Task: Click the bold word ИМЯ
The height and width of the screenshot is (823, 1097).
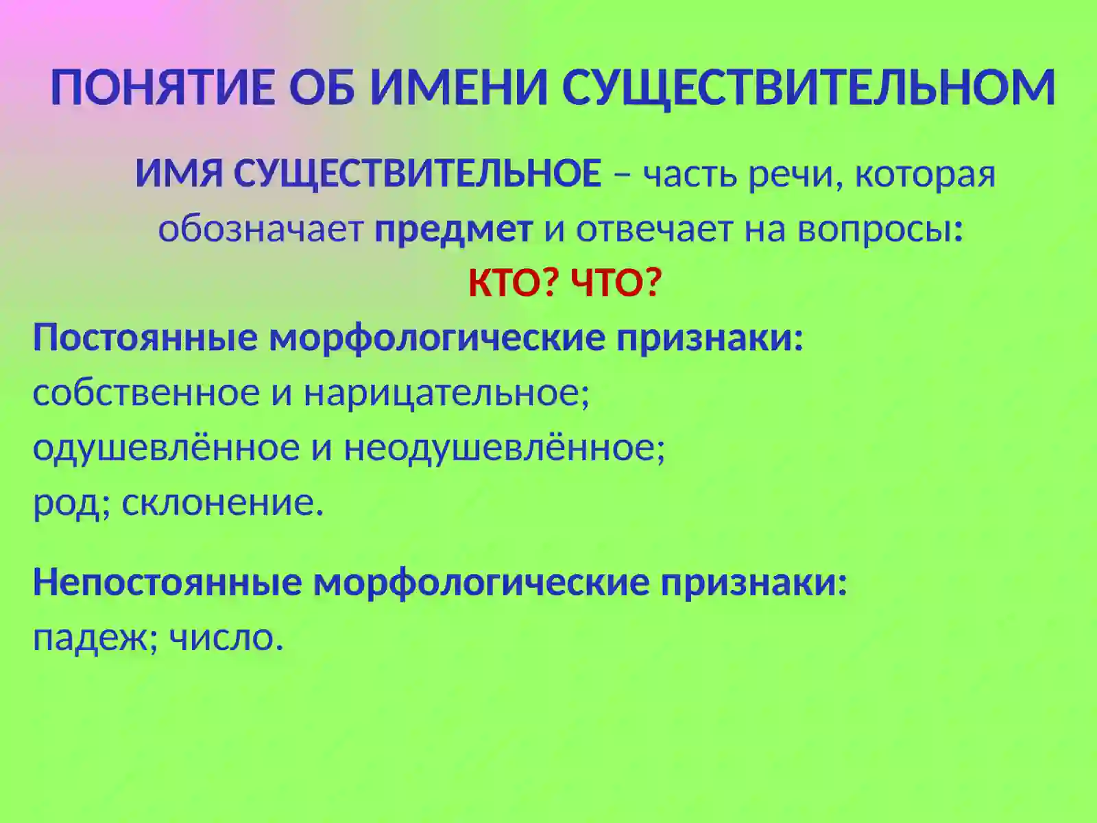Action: [178, 174]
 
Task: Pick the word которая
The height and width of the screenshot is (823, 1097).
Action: [925, 176]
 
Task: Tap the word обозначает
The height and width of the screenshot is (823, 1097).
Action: [261, 230]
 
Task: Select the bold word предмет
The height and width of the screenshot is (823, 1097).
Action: [453, 230]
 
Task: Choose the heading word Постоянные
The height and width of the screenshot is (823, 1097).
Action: [145, 338]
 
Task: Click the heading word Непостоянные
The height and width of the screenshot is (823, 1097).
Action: [167, 583]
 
